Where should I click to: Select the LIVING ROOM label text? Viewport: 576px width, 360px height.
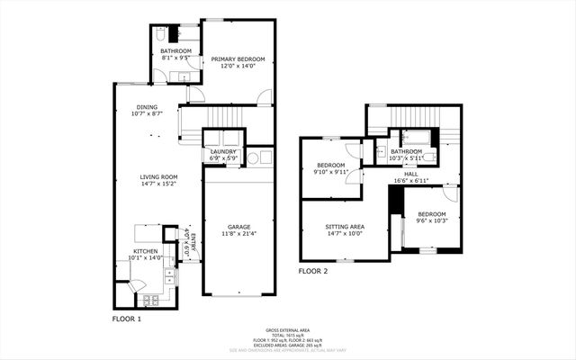click(x=157, y=176)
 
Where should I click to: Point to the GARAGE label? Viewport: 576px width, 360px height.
click(x=238, y=227)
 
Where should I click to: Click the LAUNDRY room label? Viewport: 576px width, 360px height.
click(x=222, y=151)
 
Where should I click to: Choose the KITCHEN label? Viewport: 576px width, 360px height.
click(x=146, y=251)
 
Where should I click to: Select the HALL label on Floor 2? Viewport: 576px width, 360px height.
click(x=410, y=175)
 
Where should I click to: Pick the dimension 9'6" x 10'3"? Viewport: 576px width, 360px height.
click(x=431, y=220)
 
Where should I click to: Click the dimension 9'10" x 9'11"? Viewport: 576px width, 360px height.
click(x=331, y=171)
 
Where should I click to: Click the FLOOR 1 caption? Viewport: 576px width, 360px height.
click(x=127, y=319)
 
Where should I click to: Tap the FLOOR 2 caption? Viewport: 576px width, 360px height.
click(x=313, y=271)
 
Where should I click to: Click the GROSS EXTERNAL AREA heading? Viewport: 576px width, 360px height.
click(x=287, y=330)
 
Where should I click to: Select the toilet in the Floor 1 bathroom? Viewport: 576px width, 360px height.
click(x=158, y=34)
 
